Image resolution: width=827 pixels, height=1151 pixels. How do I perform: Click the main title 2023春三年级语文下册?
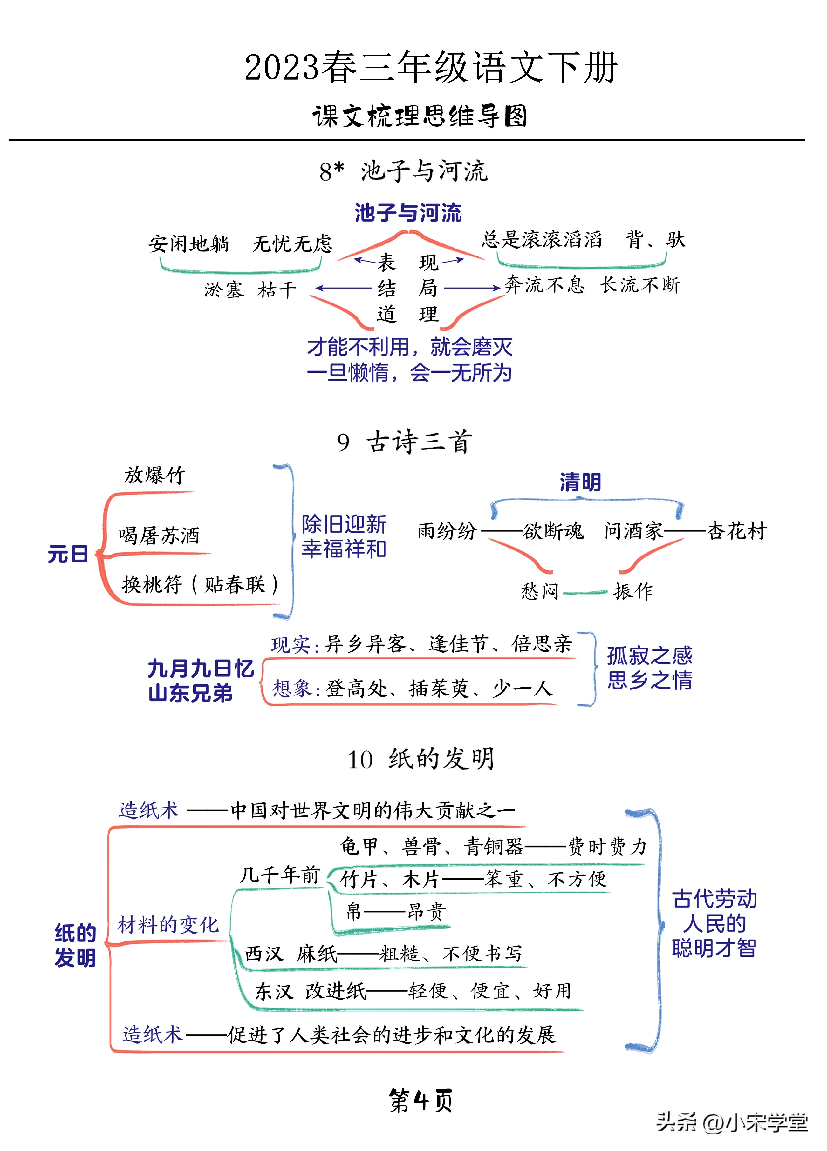tap(431, 68)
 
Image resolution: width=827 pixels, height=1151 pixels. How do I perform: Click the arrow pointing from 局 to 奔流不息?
tap(472, 288)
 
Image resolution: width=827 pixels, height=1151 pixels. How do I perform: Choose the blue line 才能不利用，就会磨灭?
tap(409, 348)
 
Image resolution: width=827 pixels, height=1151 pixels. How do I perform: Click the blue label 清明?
tap(580, 482)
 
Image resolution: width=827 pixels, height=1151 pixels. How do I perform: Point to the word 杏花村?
tap(737, 531)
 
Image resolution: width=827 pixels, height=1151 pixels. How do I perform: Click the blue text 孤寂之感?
tap(649, 656)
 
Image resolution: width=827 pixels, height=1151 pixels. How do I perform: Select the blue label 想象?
tap(291, 689)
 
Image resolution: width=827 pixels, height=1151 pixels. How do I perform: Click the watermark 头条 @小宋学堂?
tap(732, 1122)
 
